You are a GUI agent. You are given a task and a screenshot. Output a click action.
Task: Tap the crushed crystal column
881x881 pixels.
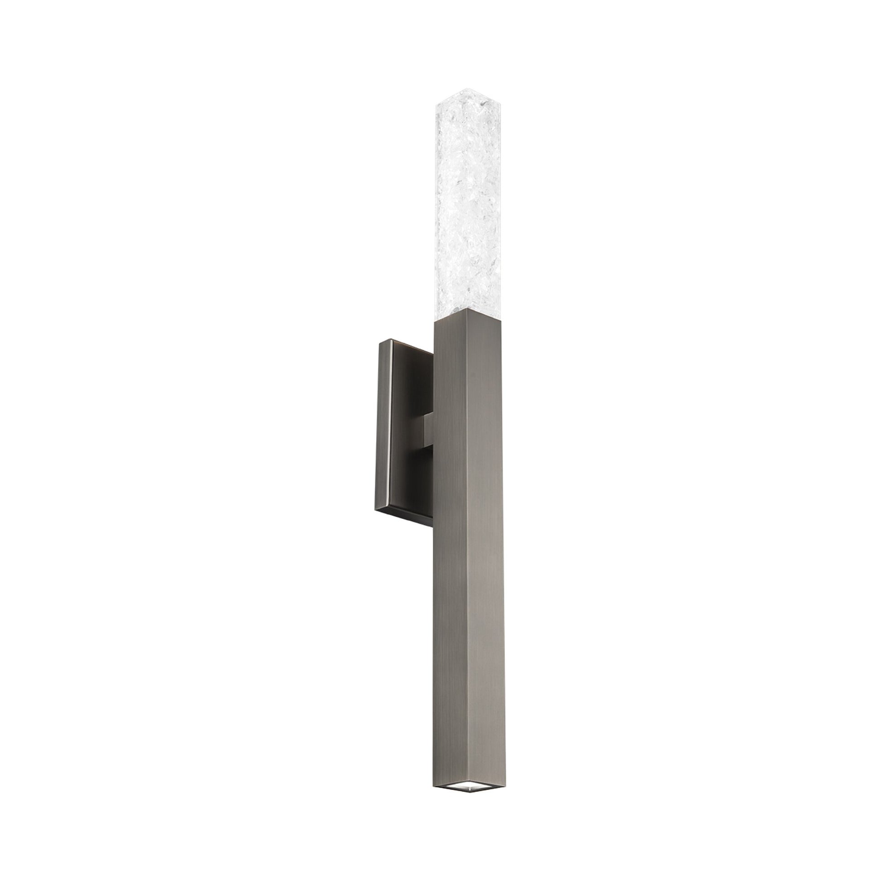coord(452,205)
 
